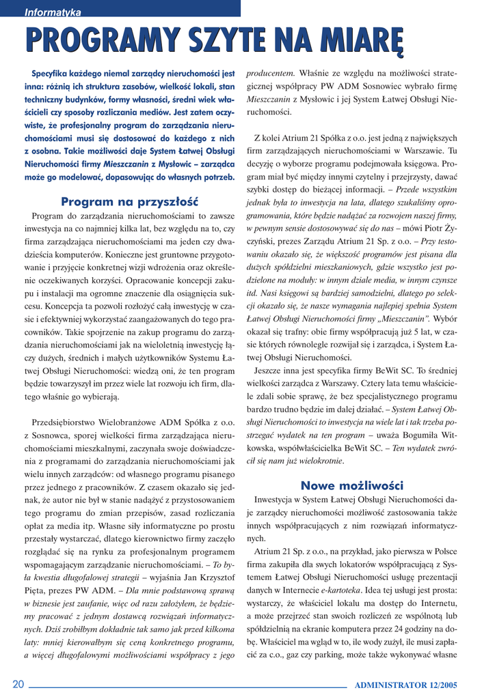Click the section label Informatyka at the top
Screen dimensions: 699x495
[x=53, y=12]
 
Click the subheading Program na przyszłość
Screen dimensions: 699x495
[x=129, y=201]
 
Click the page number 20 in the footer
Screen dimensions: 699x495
[x=18, y=685]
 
